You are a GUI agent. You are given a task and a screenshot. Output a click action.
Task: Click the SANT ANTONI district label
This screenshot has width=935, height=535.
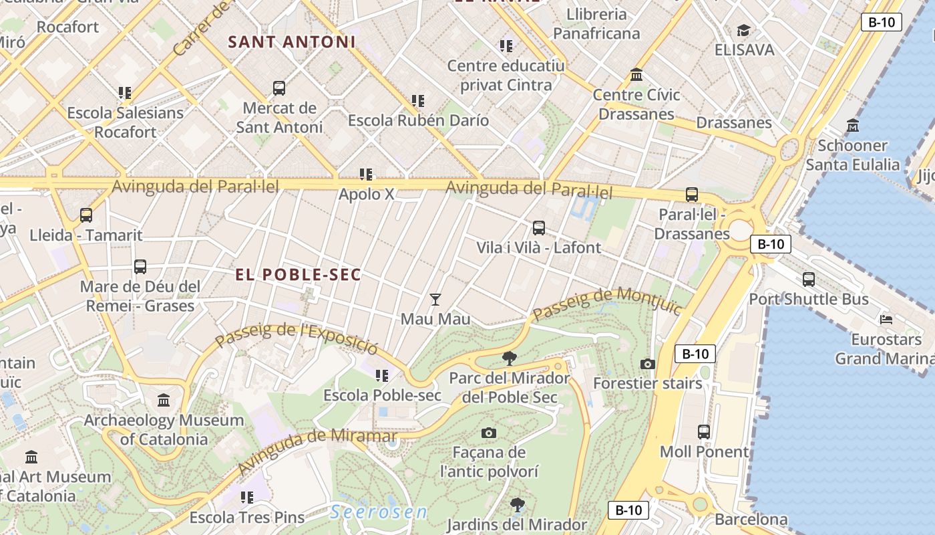coord(292,42)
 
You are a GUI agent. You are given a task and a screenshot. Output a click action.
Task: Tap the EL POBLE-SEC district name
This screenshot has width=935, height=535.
coord(298,275)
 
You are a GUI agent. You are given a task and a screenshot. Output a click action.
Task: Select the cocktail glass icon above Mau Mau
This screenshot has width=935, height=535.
coord(435,299)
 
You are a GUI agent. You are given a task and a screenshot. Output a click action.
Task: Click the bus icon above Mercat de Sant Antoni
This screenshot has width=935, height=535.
coord(279,88)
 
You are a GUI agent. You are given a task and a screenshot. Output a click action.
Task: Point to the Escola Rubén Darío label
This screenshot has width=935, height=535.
coord(418,121)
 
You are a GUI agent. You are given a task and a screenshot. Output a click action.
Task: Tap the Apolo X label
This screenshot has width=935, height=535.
coord(367,195)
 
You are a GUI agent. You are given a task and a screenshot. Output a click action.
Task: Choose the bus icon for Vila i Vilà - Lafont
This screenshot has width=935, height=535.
coord(539,227)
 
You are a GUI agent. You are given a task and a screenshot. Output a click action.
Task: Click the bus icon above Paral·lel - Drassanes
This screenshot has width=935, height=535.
coord(692,195)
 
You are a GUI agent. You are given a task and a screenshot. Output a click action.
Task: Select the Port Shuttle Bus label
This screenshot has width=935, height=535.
coord(809,299)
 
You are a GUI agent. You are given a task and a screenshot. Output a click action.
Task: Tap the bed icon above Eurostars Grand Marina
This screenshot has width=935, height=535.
coord(886,319)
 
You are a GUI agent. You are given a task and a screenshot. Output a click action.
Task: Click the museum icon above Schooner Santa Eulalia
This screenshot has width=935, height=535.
coord(853,125)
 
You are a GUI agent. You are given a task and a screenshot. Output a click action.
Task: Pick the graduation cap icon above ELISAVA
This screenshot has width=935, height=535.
coord(743,30)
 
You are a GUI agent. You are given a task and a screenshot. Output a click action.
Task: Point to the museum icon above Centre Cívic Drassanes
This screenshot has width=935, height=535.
coord(636,74)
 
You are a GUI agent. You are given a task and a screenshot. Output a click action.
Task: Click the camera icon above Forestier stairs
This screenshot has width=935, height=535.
coord(647,364)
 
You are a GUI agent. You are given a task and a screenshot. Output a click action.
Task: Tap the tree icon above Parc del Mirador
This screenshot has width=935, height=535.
coord(510,358)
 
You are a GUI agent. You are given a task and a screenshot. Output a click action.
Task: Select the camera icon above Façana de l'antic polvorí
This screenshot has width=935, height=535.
coord(489,433)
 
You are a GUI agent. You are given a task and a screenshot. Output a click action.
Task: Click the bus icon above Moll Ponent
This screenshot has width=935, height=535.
coord(704,431)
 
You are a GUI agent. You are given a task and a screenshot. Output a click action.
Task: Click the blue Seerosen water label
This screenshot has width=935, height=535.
coord(379,512)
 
